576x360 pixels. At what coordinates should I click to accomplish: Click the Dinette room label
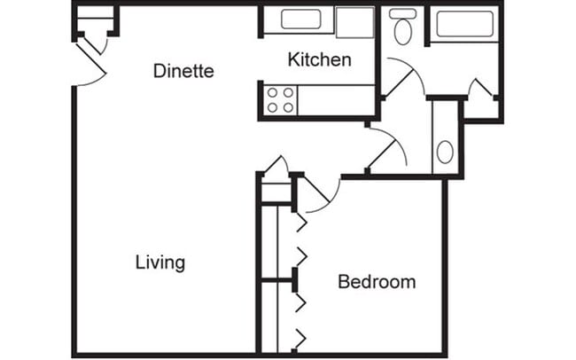pos(183,71)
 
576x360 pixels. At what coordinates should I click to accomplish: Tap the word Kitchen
pos(320,60)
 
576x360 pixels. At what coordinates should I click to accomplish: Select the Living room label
pos(160,262)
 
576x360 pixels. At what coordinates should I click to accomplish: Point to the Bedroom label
pos(377,282)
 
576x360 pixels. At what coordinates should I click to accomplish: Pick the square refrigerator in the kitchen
pos(355,21)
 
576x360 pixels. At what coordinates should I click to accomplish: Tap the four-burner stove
pos(281,100)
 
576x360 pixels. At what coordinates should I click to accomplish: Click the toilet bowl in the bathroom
pos(403,32)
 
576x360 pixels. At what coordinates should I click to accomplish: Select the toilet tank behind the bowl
pos(403,13)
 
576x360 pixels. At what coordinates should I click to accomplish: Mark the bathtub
pos(464,24)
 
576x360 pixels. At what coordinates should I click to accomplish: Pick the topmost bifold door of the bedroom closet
pos(300,222)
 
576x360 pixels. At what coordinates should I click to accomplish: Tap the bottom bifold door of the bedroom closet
pos(300,338)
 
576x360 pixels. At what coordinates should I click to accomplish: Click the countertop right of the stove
pos(337,100)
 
